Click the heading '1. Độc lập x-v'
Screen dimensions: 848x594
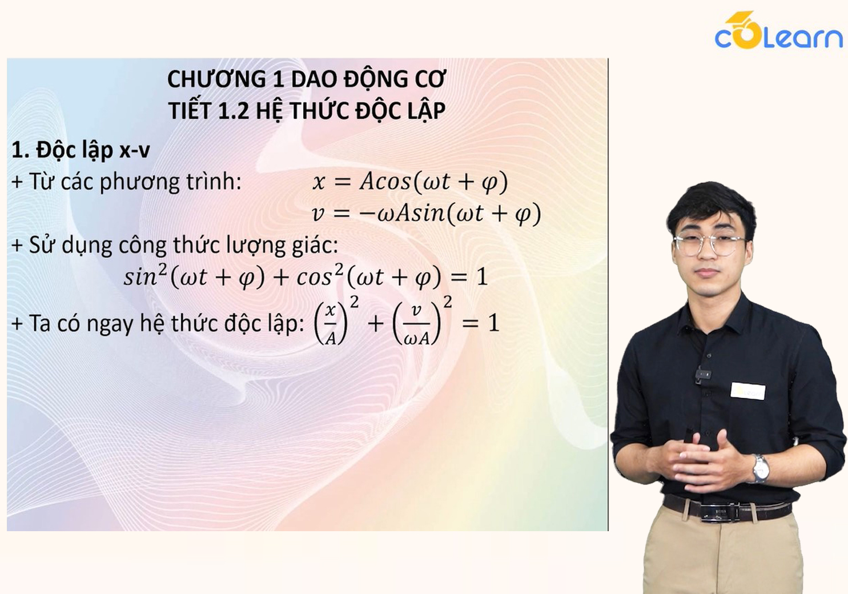81,150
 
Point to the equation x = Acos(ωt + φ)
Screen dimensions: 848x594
410,182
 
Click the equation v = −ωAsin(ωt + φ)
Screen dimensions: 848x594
427,214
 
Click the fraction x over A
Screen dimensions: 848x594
331,324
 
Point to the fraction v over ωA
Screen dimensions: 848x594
416,324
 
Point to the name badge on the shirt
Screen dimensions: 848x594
747,391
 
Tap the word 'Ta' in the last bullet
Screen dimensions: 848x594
40,324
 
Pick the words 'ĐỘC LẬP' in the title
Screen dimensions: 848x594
400,111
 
